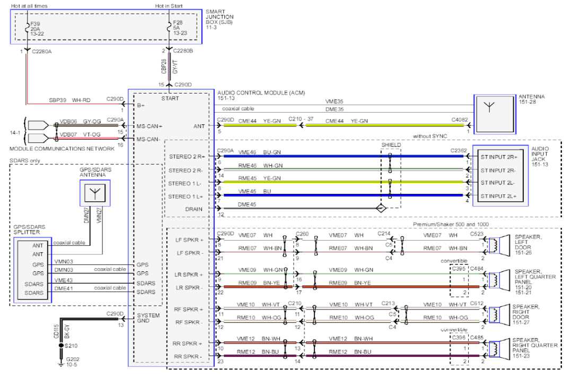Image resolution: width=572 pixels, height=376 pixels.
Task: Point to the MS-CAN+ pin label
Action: pyautogui.click(x=148, y=126)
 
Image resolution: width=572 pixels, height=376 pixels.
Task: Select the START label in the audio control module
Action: pyautogui.click(x=170, y=98)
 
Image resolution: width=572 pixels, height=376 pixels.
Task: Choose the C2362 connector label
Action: pyautogui.click(x=459, y=151)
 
